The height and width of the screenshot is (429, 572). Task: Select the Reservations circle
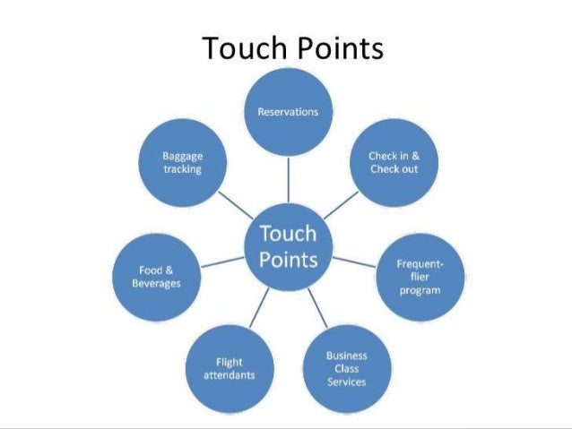pos(288,112)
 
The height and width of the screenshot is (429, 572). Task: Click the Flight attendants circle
pos(229,368)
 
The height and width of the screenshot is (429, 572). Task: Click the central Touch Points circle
pos(288,246)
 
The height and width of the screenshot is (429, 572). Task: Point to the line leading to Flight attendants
pos(259,307)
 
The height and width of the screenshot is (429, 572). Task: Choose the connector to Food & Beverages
pos(221,261)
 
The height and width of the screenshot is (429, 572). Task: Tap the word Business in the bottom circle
pos(346,356)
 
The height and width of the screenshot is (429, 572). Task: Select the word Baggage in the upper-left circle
pos(182,156)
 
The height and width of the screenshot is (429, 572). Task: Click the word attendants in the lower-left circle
pos(229,375)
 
